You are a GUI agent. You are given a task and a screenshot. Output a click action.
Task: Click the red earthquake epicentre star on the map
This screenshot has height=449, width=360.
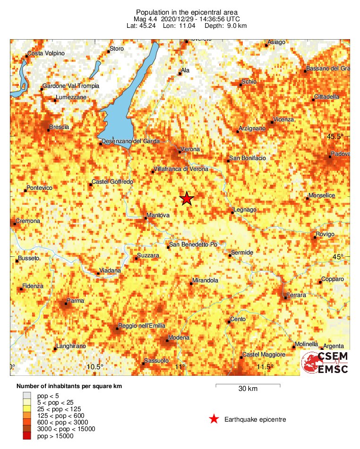187,199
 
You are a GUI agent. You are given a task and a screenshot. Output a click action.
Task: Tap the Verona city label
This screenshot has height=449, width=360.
191,150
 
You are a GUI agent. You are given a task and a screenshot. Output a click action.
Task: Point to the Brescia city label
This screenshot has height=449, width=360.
59,127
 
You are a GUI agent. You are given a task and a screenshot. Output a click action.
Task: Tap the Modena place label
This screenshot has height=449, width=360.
180,338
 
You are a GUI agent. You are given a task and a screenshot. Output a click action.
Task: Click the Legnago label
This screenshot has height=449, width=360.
245,210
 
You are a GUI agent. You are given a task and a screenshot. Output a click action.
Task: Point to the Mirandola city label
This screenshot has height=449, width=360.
205,281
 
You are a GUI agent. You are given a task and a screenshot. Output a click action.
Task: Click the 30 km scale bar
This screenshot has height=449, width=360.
248,386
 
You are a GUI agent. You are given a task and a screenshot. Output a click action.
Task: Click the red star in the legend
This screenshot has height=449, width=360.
214,419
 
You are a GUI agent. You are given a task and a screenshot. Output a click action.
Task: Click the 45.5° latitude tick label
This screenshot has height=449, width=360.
336,137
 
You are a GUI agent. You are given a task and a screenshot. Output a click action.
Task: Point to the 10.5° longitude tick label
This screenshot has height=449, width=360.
95,367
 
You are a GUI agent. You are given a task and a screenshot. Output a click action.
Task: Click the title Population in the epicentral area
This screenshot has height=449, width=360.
180,12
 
